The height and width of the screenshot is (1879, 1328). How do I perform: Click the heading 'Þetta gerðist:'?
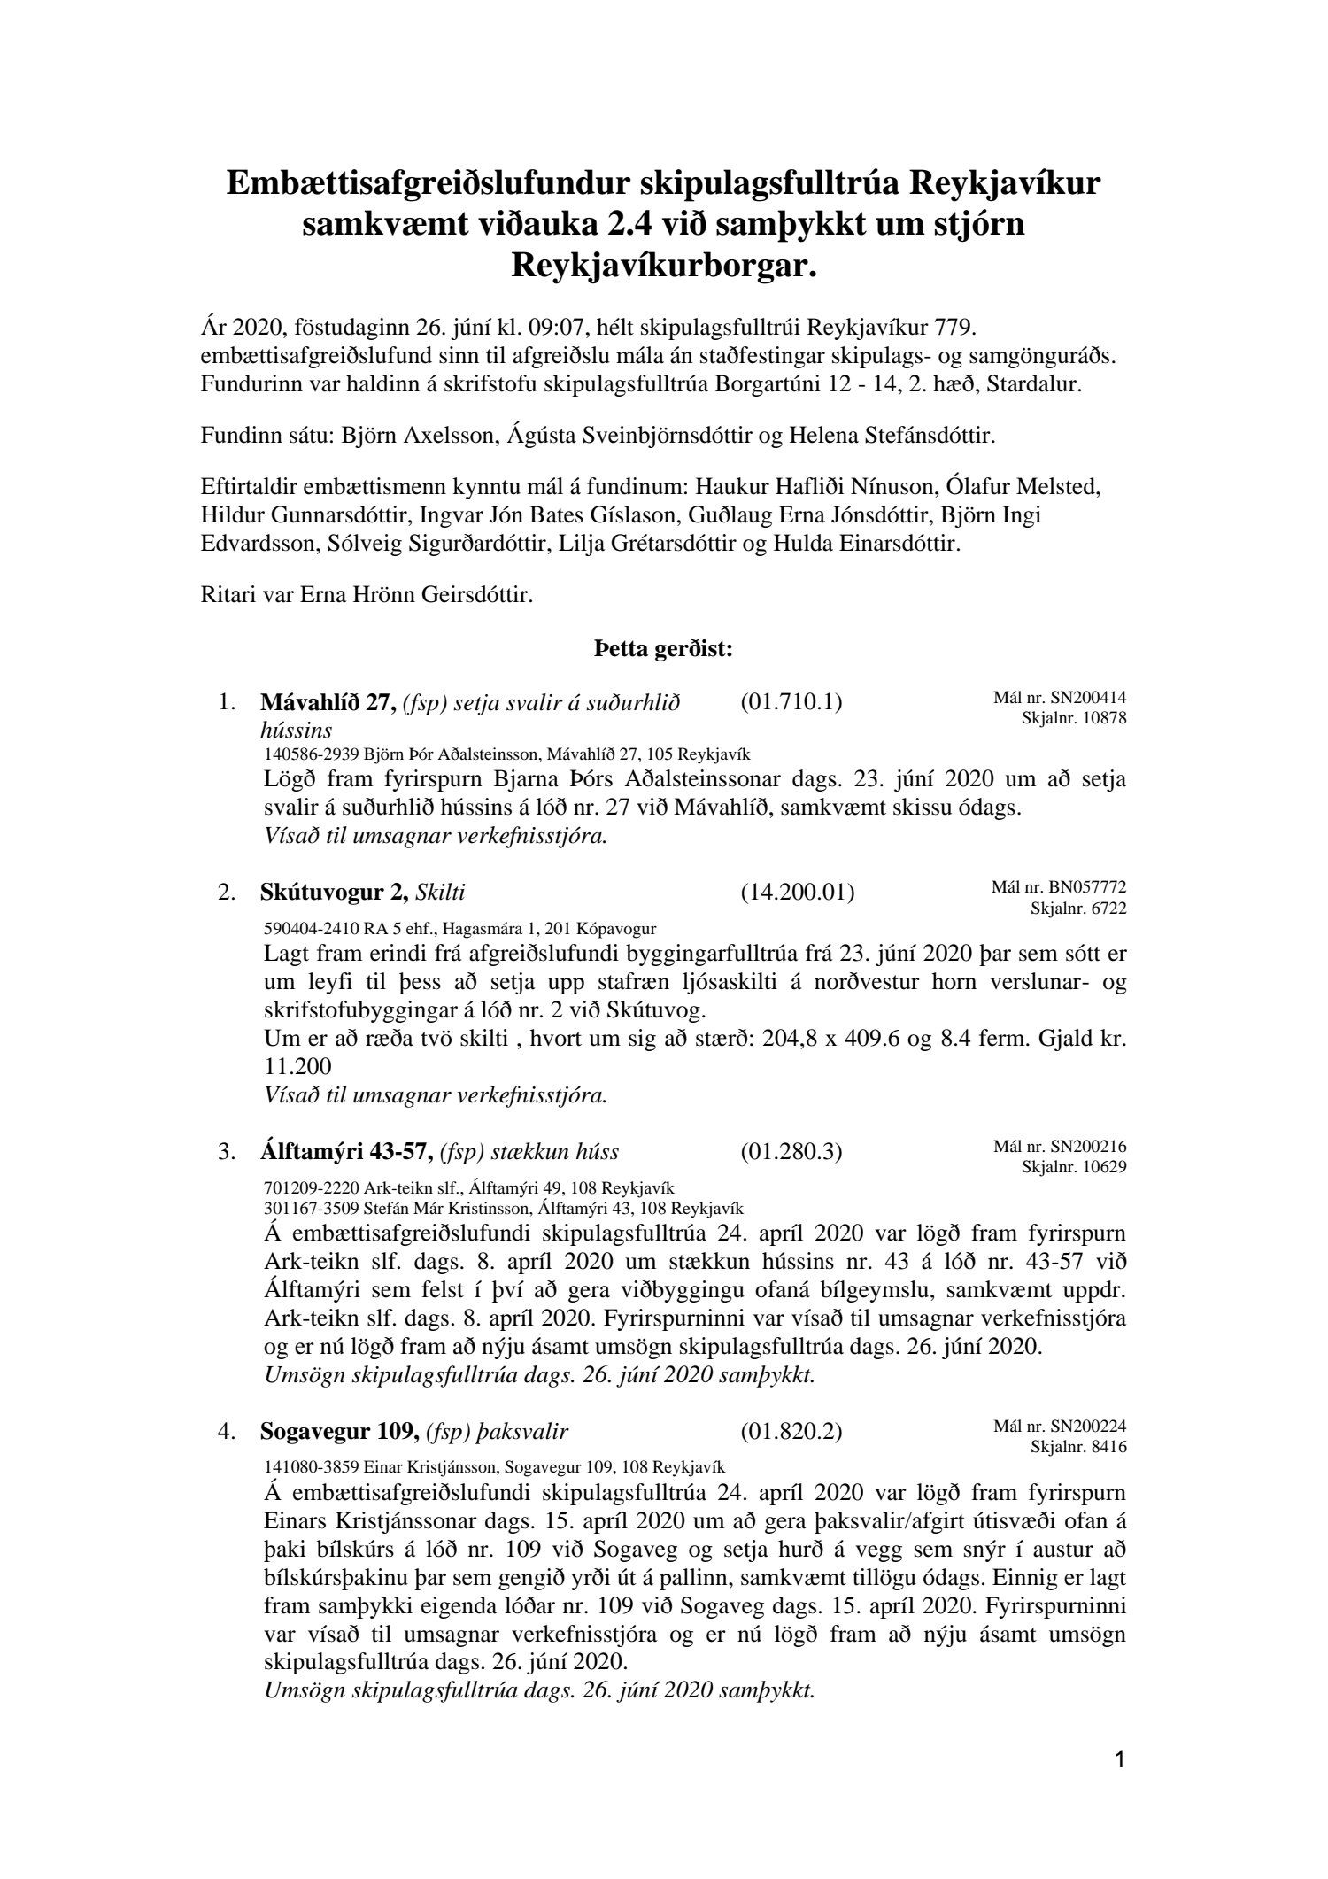click(x=663, y=650)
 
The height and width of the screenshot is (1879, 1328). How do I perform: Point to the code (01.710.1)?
click(x=791, y=702)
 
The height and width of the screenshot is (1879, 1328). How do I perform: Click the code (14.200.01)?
click(x=797, y=893)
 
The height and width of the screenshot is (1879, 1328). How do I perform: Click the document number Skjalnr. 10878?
click(x=1074, y=718)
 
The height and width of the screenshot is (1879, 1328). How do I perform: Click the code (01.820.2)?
click(x=791, y=1432)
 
